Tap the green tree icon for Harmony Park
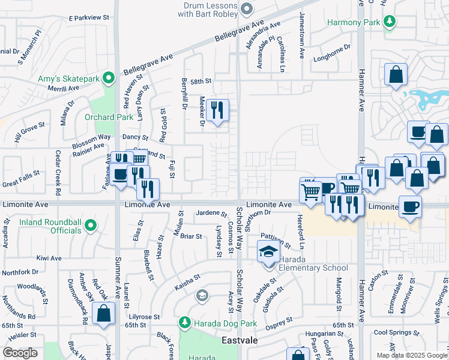pos(390,22)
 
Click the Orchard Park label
pos(109,117)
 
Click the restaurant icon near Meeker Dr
pos(217,110)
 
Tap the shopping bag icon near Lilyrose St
pos(104,313)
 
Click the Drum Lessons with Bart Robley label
pos(208,8)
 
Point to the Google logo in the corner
pos(20,353)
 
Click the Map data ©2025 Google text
pos(412,355)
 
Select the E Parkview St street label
pos(89,18)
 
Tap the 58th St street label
pos(201,81)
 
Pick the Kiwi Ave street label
pos(49,258)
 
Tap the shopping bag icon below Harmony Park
pos(396,75)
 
